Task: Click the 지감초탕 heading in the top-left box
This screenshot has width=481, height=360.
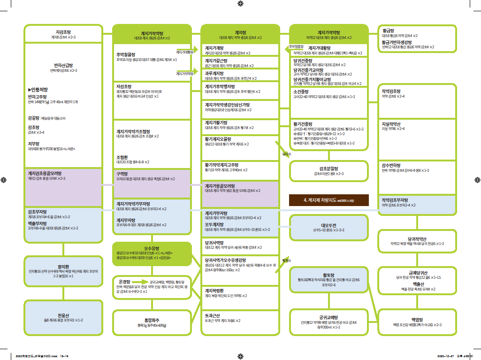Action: tap(63, 31)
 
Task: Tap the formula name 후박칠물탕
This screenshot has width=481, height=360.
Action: tap(126, 54)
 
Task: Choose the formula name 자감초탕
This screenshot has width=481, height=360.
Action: tap(124, 86)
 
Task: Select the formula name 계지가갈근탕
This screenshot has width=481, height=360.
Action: tap(216, 61)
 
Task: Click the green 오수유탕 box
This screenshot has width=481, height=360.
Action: tap(152, 253)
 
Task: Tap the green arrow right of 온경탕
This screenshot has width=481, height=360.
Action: tap(139, 282)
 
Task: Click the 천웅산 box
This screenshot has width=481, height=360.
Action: tap(63, 317)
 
